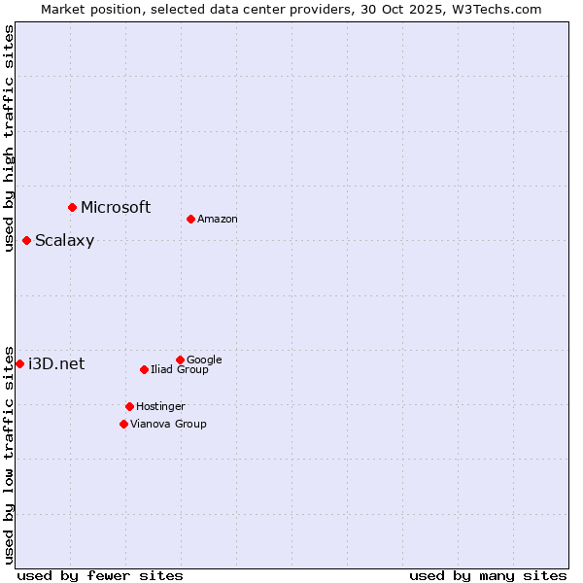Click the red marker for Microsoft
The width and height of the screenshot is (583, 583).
point(72,207)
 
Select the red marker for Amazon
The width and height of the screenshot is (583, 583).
point(190,219)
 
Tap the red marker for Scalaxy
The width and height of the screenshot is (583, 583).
point(26,240)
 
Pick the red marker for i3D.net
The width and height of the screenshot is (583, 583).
point(19,363)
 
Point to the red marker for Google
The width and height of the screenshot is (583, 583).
point(180,360)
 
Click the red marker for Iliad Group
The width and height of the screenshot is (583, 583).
point(144,369)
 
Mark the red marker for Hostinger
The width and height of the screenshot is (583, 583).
point(129,406)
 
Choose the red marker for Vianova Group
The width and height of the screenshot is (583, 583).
point(123,424)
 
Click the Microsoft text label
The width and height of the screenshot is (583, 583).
point(116,207)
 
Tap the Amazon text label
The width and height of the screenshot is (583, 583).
point(218,219)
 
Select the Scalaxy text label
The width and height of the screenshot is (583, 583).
point(64,241)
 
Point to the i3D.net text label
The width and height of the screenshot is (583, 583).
point(56,364)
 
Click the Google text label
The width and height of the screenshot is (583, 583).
point(204,360)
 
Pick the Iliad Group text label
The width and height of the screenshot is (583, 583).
point(180,369)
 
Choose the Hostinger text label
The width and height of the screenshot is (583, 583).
point(160,406)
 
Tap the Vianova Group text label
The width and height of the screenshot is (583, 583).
point(168,424)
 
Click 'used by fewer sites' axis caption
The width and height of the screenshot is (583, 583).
point(100,575)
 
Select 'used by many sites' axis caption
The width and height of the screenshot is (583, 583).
point(488,575)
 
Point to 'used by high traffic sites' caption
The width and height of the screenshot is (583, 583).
point(9,138)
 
